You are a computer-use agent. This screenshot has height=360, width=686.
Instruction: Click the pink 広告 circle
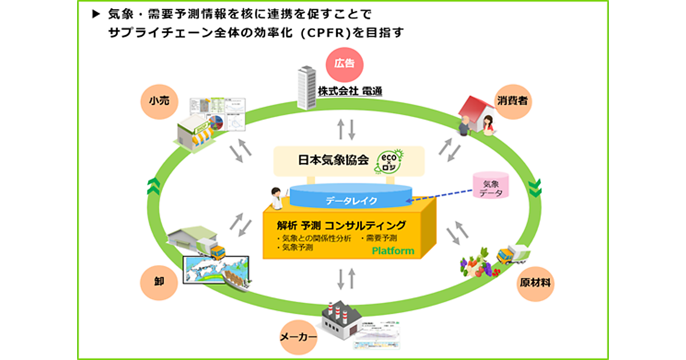coord(345,63)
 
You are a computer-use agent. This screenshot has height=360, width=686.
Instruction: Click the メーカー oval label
coord(298,337)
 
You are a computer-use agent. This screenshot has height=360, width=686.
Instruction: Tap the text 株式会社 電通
coord(349,91)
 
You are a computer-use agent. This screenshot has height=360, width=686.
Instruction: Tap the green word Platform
coord(393,251)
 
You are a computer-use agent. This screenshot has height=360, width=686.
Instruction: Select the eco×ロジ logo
coord(390,161)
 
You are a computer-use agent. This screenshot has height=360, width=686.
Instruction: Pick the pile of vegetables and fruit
coord(477,263)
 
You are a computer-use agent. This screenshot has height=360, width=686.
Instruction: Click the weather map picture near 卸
coord(214,269)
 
